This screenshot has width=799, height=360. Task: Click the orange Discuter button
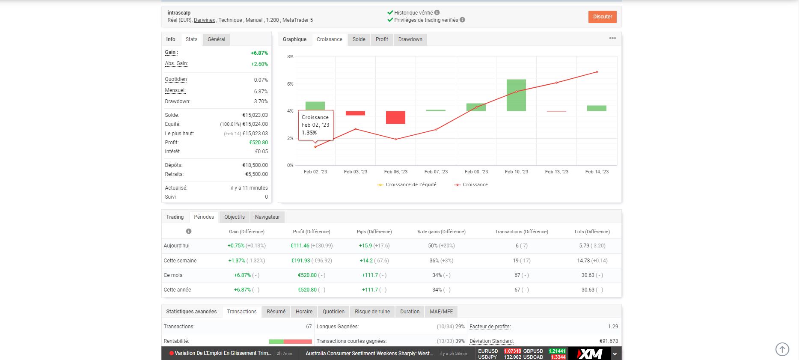click(602, 17)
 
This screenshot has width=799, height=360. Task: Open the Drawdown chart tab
click(410, 39)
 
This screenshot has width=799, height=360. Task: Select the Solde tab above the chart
click(359, 39)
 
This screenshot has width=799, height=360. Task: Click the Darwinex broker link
click(204, 20)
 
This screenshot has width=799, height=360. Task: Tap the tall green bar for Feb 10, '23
click(516, 95)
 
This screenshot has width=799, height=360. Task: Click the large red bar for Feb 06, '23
click(395, 117)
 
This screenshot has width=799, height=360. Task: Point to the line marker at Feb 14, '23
click(597, 72)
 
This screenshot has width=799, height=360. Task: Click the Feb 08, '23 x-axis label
click(476, 172)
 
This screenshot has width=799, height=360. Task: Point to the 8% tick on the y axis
click(290, 57)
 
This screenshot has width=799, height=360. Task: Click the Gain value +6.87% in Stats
click(259, 53)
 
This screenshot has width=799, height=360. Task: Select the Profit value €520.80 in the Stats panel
click(258, 143)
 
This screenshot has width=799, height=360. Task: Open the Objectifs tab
click(235, 217)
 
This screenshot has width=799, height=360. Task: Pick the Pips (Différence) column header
click(374, 232)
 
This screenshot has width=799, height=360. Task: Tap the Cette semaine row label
click(180, 261)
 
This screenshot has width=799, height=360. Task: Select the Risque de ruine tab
click(372, 312)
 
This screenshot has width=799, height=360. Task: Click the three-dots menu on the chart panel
click(612, 39)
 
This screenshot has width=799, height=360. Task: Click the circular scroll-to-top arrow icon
click(782, 349)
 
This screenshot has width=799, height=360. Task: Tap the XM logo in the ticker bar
click(590, 354)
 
